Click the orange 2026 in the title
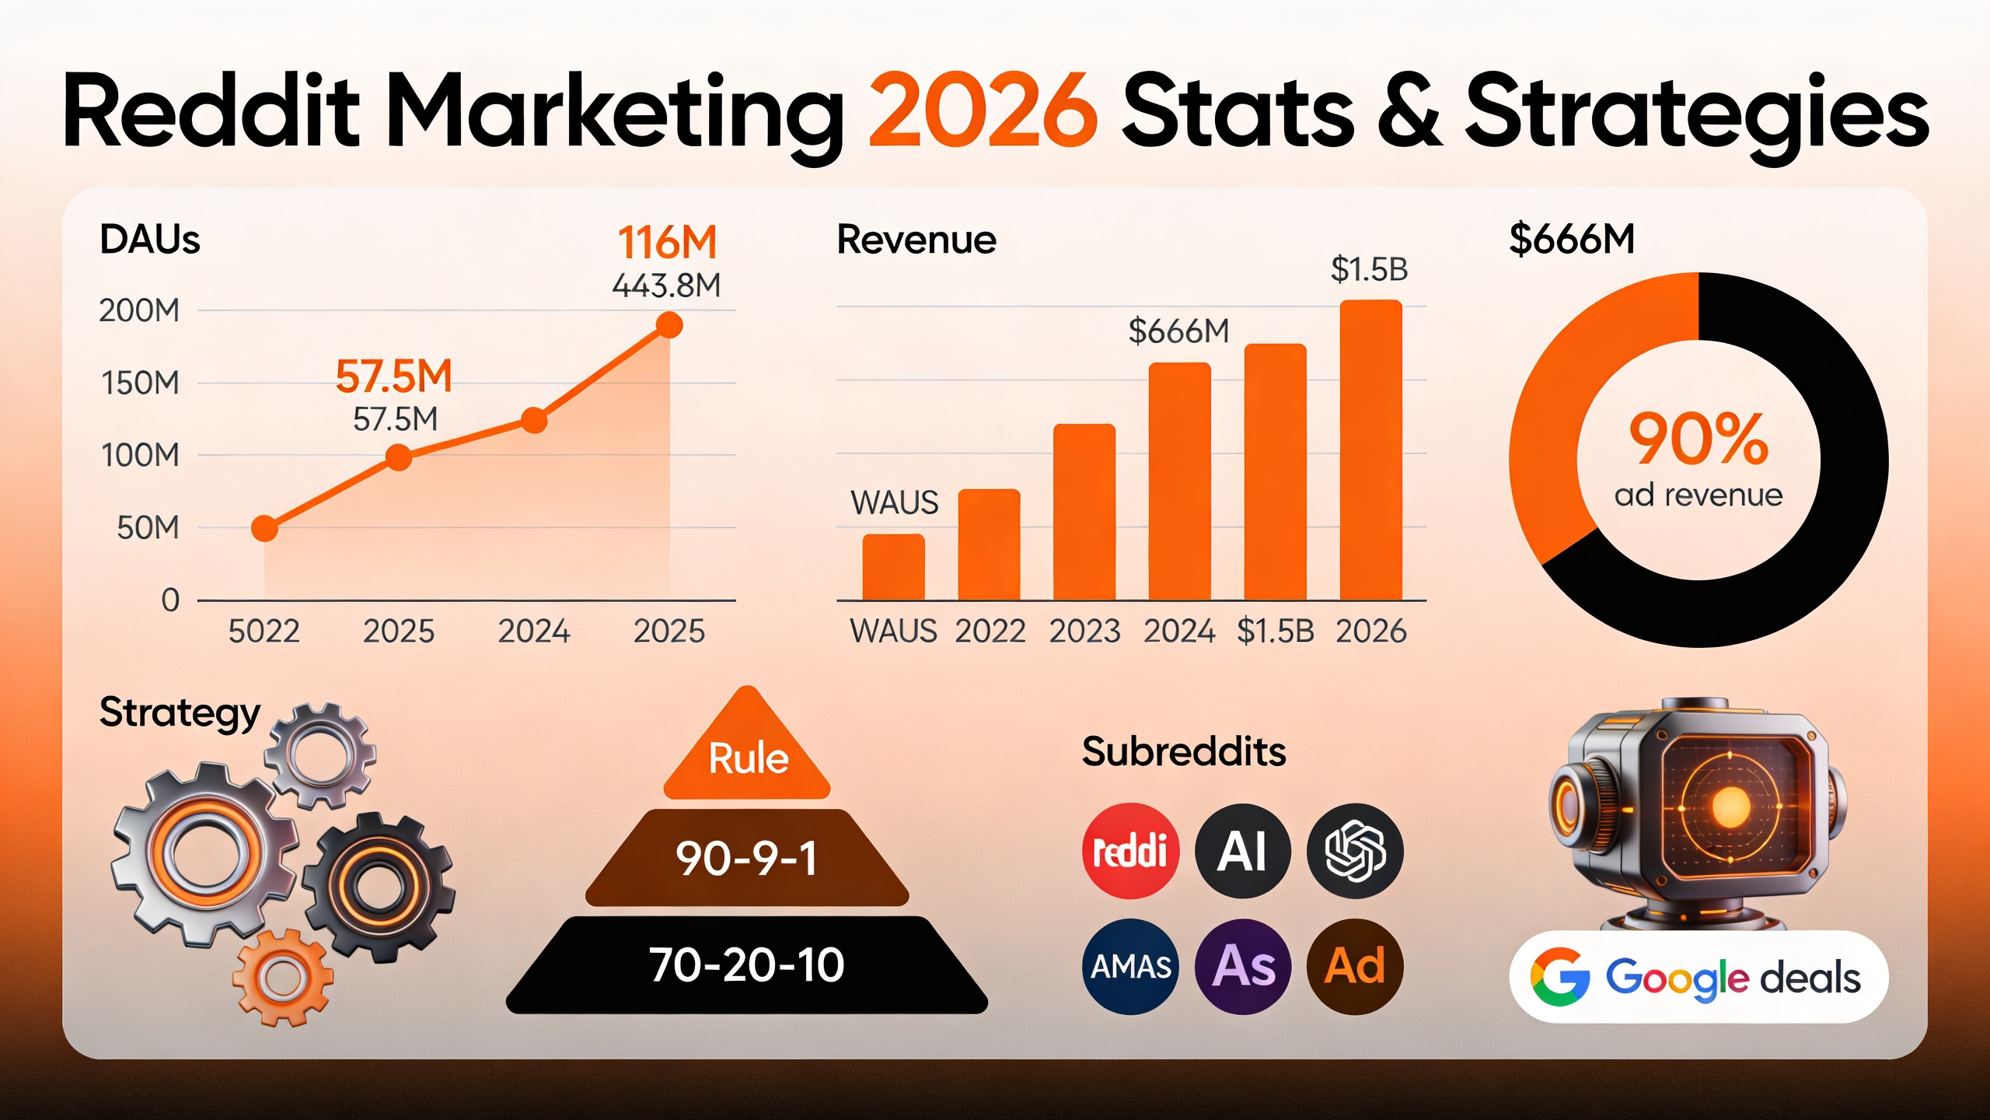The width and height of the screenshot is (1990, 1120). pos(983,110)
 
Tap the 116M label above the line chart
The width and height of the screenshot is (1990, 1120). pos(667,243)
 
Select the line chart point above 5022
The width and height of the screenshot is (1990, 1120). pos(264,529)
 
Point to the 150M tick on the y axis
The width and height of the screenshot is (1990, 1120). pos(140,383)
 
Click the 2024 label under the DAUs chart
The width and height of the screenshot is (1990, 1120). pos(534,631)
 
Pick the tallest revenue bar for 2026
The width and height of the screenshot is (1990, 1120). pos(1370,451)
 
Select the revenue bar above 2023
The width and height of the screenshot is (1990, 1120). pos(1084,513)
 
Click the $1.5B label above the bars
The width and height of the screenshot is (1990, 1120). pos(1369,270)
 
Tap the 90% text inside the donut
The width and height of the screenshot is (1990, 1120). pos(1698,439)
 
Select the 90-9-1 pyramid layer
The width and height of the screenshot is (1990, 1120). pos(747,859)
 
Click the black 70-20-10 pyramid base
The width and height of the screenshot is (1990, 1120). pos(747,965)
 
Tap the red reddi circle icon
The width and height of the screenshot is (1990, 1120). pos(1130,851)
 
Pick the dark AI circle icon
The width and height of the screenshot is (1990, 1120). pos(1242,851)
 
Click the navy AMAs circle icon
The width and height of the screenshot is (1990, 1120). pos(1130,967)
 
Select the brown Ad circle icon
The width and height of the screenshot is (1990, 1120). pos(1355,967)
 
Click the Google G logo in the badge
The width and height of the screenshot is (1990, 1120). pos(1559,977)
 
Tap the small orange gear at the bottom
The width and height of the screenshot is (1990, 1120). pos(283,977)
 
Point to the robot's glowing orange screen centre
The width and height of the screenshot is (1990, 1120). pos(1730,807)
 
